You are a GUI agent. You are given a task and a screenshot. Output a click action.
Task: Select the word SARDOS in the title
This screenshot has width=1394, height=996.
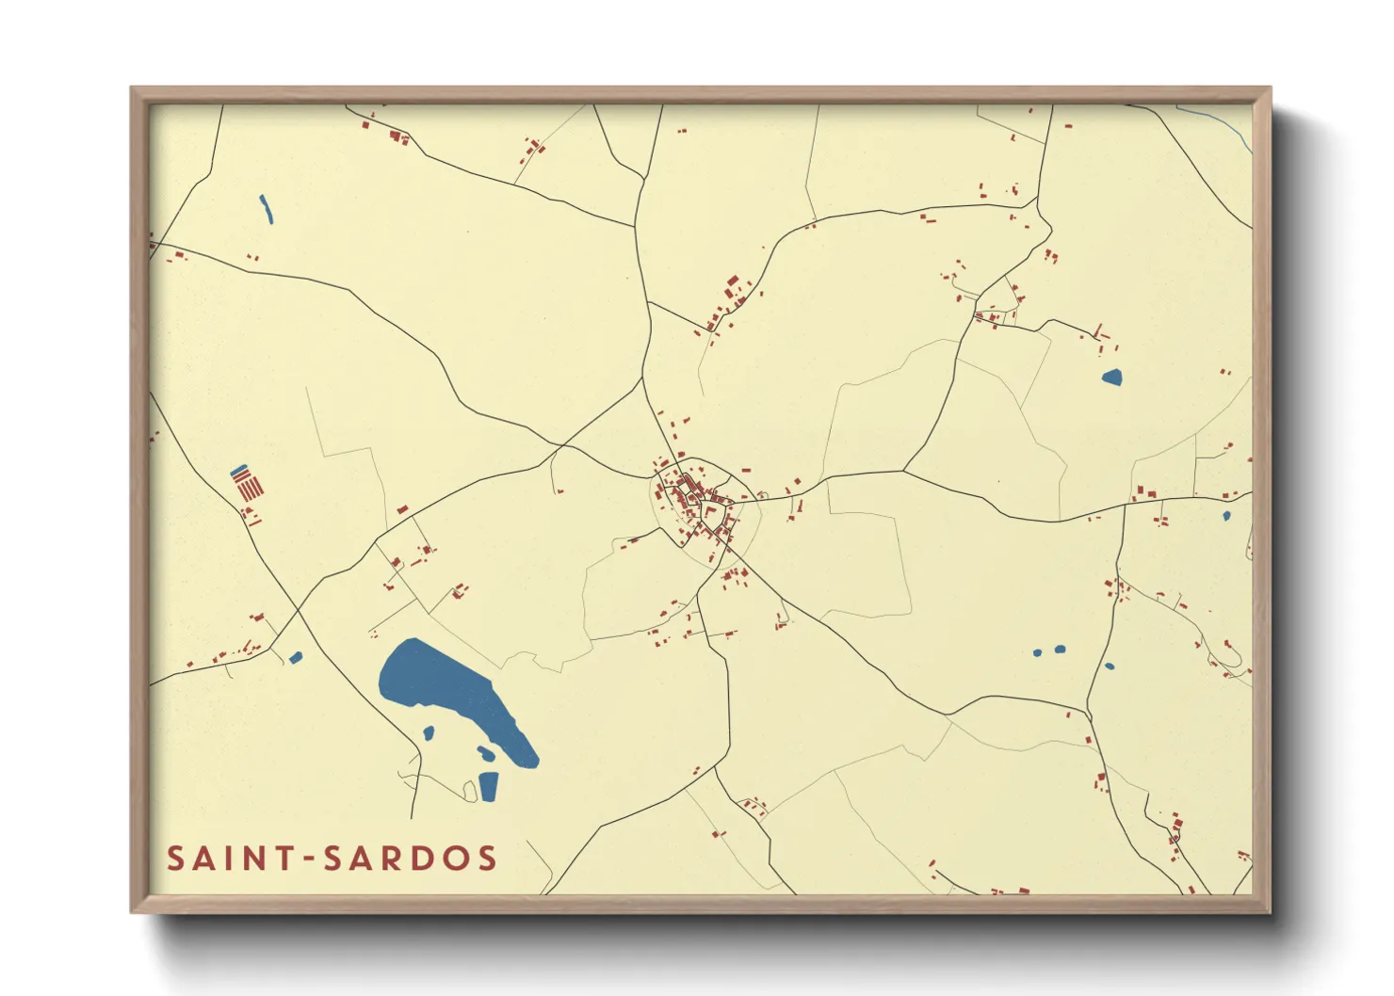tap(410, 859)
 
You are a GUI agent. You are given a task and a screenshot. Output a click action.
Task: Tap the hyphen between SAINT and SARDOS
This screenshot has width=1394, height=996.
tap(310, 859)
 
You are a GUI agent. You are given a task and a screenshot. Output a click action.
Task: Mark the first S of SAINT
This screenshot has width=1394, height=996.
tap(176, 859)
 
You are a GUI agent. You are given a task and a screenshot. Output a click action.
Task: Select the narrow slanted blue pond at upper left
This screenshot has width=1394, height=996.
tap(266, 209)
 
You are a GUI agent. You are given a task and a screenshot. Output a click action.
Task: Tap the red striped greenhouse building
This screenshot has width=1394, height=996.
tap(249, 488)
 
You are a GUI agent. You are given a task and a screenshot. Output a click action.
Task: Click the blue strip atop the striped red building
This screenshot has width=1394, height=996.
tap(239, 470)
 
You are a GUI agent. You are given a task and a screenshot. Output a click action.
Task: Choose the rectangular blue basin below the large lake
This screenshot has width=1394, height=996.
tap(489, 786)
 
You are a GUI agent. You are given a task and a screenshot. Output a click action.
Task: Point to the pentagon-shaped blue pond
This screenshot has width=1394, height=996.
tap(1112, 378)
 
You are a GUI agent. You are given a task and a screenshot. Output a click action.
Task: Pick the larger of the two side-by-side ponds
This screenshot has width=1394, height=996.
tap(1060, 649)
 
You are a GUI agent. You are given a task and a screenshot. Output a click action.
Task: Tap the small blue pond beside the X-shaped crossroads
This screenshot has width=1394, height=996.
tap(296, 657)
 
